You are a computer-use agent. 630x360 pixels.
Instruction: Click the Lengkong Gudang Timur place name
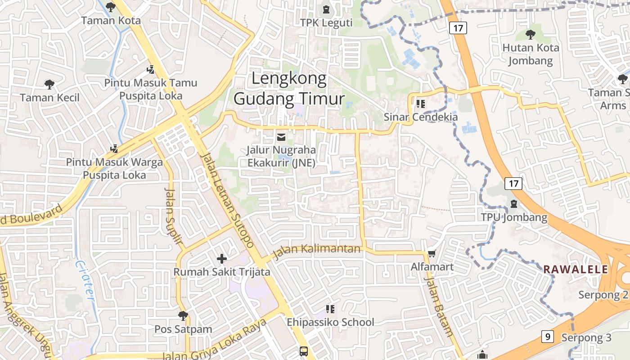[289, 88]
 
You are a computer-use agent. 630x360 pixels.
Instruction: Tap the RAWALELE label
[576, 270]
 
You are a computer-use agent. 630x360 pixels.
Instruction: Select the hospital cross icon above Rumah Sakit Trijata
[221, 259]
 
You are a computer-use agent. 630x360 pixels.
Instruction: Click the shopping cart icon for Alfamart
[432, 254]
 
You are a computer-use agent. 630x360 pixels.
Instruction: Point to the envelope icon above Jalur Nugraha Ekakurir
[281, 137]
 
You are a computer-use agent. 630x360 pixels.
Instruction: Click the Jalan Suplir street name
[175, 216]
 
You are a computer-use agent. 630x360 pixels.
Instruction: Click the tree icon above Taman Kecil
[49, 84]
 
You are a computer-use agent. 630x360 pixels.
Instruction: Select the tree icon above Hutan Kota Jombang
[531, 34]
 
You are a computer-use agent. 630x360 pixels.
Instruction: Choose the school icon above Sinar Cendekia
[421, 104]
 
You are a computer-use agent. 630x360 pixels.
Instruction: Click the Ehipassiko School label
[330, 322]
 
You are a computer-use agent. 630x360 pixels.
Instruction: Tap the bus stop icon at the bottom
[304, 351]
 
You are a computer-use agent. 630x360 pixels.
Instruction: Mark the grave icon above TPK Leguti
[326, 9]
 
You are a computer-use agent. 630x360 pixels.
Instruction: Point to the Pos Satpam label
[183, 329]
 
